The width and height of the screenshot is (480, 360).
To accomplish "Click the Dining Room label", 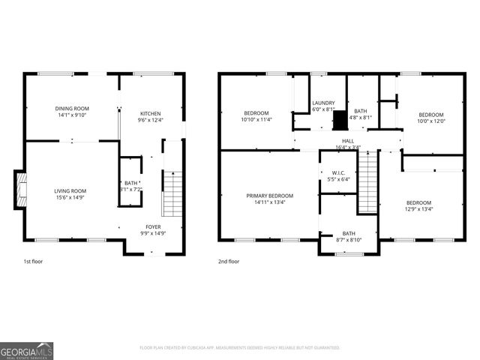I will click(70, 108).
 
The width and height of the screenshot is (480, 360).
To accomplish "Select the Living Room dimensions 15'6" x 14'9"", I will click(70, 198).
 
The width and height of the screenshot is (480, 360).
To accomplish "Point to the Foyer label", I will click(153, 226).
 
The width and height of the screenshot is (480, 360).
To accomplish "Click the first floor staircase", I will click(172, 193).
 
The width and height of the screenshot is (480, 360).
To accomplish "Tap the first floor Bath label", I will click(130, 183).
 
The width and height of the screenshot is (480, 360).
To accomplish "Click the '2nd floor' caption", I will click(229, 262).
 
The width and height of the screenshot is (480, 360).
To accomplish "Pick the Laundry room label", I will click(323, 103).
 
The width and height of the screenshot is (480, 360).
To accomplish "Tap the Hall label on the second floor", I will click(348, 140).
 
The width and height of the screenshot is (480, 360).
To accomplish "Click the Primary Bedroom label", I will click(270, 195).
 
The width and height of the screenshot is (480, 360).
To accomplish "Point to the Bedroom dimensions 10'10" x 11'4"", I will click(256, 118).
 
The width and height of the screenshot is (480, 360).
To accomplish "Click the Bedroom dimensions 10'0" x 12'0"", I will click(431, 121).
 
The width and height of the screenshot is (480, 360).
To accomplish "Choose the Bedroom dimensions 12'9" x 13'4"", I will click(418, 208).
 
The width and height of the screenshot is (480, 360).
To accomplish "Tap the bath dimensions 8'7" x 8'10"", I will click(349, 239).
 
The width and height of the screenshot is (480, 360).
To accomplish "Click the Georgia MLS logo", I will click(26, 350).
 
